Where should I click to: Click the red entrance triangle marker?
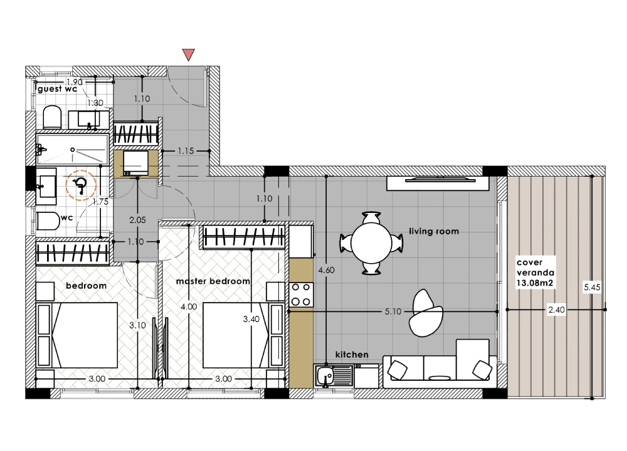pos(188,54)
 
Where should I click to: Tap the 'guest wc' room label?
pos(57,89)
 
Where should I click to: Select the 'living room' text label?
pos(434,231)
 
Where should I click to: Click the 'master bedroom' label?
pos(213,281)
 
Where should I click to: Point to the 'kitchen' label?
pos(352,355)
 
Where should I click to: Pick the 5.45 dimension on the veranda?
pos(592,288)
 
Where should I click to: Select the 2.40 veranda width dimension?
pos(556,309)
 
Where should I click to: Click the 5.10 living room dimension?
pos(393,311)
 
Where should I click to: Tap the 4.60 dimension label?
pos(326,271)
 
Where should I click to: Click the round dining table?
pos(371,243)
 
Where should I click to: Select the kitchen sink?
pos(334,375)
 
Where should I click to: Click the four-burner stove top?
pos(301,294)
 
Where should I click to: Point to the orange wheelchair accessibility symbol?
pos(81,185)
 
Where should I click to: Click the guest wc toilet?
pos(52,117)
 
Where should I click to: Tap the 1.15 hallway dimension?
pos(186,151)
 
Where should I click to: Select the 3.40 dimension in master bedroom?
pos(251,319)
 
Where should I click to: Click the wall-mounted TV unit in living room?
pos(438,183)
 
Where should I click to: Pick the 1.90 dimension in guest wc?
pos(75,82)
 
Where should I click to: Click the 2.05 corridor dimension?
pos(137,220)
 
